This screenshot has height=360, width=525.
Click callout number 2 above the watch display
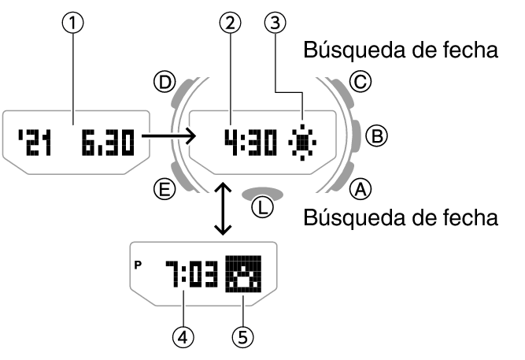[x=229, y=24]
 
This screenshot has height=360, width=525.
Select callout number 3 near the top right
[x=274, y=24]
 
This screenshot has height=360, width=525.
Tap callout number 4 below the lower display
[x=183, y=336]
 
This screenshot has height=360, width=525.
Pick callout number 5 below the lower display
[x=244, y=336]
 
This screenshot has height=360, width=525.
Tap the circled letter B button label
[x=378, y=135]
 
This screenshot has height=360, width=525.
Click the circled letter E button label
[x=164, y=188]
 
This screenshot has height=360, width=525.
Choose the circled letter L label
[x=263, y=208]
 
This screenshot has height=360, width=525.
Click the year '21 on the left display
[x=35, y=141]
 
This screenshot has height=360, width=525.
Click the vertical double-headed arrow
[x=224, y=208]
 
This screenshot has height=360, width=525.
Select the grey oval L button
[x=263, y=192]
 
